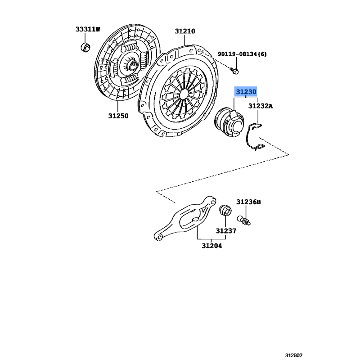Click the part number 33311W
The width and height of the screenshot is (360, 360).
pos(88,29)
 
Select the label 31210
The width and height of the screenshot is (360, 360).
pos(185,31)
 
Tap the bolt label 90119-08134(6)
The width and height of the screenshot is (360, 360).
pos(242,54)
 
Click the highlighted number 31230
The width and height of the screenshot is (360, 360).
pos(246,92)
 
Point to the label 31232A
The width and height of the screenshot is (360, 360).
pos(261,106)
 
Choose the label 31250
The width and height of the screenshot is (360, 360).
pos(118,116)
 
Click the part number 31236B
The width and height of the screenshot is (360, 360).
pos(249,202)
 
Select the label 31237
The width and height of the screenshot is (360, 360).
pos(226,231)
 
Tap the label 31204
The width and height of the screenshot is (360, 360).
pos(212,246)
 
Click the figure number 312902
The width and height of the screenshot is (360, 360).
pos(294,355)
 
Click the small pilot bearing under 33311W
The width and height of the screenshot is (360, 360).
pos(85,47)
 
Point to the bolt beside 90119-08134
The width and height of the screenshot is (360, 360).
pos(234,71)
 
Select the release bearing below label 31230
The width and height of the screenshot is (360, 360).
pos(229,123)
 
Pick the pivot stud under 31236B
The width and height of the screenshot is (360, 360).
pos(243,220)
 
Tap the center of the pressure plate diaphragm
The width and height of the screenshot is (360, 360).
pos(184,94)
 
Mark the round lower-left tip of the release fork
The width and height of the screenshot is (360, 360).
pos(158,237)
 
